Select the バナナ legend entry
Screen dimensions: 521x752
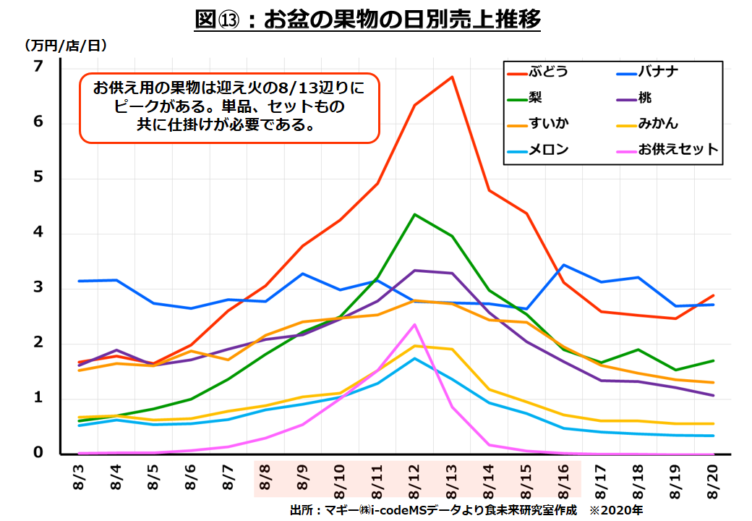(x=657, y=72)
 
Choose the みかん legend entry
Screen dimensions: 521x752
(x=657, y=124)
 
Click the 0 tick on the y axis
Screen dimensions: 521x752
(x=38, y=453)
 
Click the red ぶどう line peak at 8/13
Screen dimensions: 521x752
(x=452, y=77)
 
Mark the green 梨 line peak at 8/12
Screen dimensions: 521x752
(x=414, y=214)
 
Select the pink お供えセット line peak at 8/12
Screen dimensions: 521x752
(x=414, y=324)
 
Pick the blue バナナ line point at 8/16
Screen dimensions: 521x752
(x=563, y=265)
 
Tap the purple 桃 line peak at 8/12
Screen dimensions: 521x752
(x=414, y=270)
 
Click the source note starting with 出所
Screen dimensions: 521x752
(x=433, y=510)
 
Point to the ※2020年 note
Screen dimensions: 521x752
(x=615, y=510)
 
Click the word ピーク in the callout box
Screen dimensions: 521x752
(x=134, y=107)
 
